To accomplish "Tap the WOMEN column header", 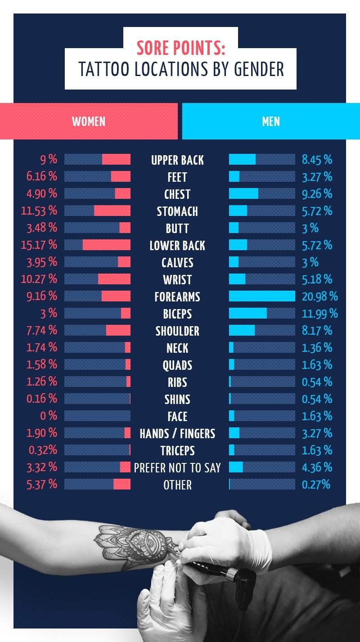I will tap(89, 121).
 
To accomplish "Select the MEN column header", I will tap(271, 121).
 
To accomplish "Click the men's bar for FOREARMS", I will tap(262, 296).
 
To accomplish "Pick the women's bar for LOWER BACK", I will tap(98, 245).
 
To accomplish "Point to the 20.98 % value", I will tap(320, 296).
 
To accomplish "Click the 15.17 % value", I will tap(39, 245).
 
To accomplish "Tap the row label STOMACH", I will tap(177, 211).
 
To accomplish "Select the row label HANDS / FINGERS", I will tap(177, 434).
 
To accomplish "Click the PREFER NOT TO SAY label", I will tap(177, 468).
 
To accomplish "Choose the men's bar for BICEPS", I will tap(262, 313).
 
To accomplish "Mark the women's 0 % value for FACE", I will tap(49, 416).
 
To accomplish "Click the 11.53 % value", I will tap(39, 211).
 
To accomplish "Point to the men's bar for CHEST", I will tap(262, 193).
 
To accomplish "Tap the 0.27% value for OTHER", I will tap(316, 484).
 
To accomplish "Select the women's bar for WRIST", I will tap(98, 279).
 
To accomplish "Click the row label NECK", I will tap(177, 348).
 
